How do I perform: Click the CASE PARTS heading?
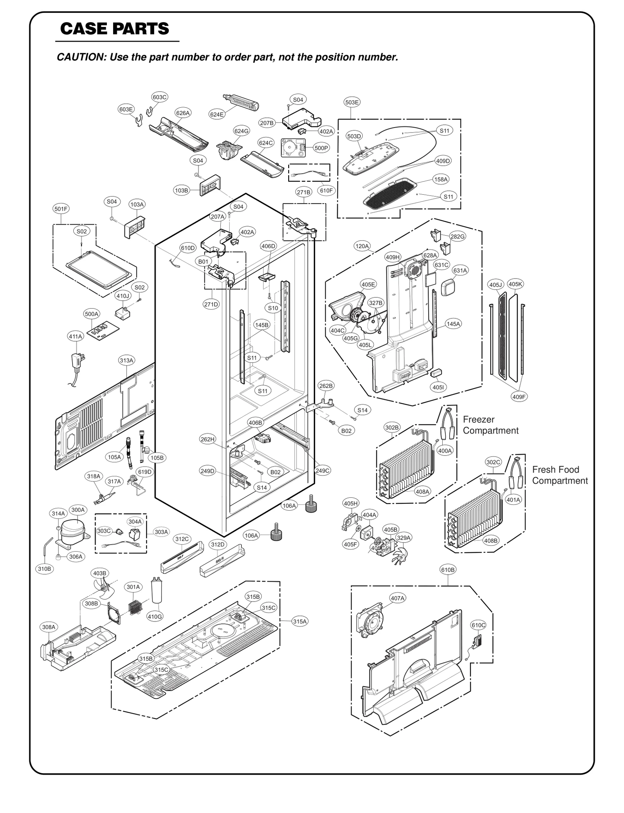tap(115, 28)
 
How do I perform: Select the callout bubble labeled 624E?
tap(216, 114)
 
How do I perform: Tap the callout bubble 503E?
tap(352, 102)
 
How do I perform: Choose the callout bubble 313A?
tap(126, 360)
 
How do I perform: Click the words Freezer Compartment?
tap(490, 425)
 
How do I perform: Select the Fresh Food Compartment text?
tap(560, 475)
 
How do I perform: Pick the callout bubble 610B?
tap(448, 570)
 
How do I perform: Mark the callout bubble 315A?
tap(300, 621)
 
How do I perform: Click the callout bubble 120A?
tap(362, 246)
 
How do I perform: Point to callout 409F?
tap(519, 397)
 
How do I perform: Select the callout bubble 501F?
tap(61, 209)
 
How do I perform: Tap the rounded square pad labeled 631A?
tap(448, 288)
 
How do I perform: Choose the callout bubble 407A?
tap(397, 598)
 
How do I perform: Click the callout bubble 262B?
tap(326, 386)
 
